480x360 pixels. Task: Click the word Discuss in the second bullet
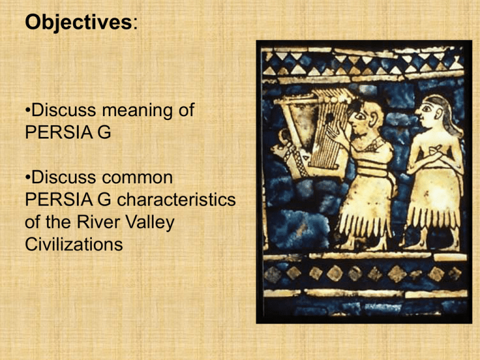coord(66,177)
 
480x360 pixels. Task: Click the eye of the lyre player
coord(361,117)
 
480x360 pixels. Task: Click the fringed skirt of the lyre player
coord(364,212)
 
